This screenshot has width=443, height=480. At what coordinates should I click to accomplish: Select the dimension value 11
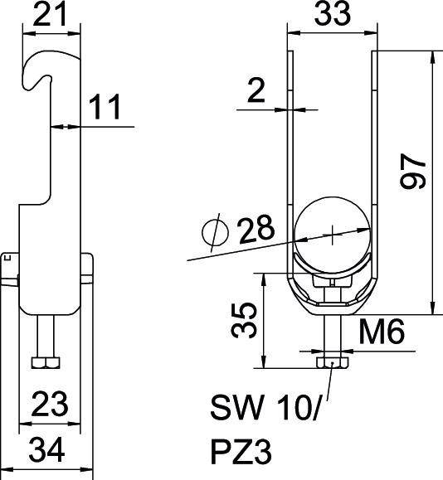[105, 107]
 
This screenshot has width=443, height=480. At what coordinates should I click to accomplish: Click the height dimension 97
[414, 172]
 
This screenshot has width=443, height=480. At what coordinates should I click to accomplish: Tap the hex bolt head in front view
[332, 362]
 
